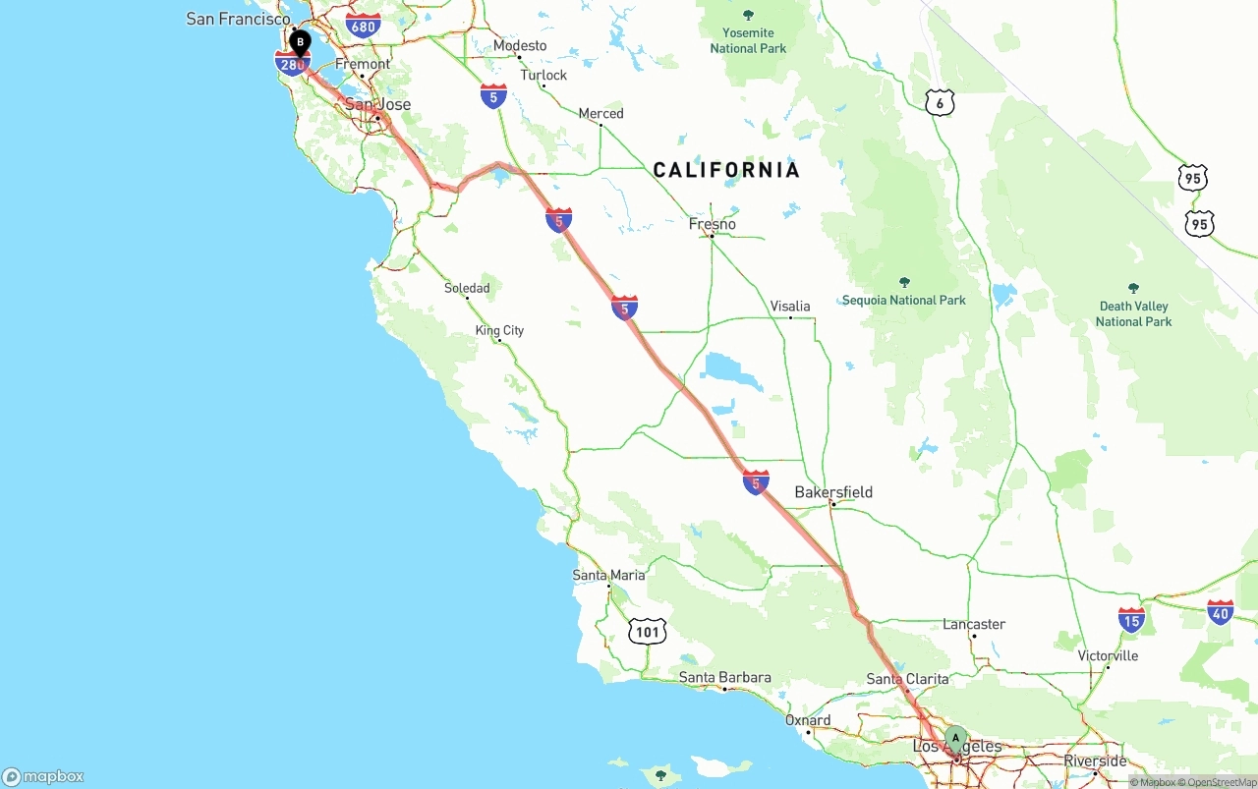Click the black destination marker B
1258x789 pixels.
[x=300, y=42]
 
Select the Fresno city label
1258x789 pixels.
[x=713, y=224]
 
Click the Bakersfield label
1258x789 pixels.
[x=833, y=492]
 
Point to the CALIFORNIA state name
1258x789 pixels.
[x=726, y=170]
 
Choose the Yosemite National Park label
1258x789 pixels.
[x=748, y=39]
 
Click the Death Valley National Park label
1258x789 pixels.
[x=1133, y=313]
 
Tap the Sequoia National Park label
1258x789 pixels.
[x=904, y=300]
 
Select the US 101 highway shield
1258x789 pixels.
[x=647, y=632]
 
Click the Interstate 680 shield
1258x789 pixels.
[x=363, y=26]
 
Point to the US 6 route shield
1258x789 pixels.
[x=940, y=103]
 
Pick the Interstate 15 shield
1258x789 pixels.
[x=1131, y=620]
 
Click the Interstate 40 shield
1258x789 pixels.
[x=1221, y=612]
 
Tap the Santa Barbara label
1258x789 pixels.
[x=724, y=677]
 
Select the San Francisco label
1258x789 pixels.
[x=238, y=19]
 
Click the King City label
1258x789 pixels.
[x=499, y=330]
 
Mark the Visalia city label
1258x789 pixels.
[x=790, y=306]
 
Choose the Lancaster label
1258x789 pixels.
[x=974, y=624]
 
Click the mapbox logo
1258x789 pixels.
[x=43, y=776]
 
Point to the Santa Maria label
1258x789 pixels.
[x=609, y=575]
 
